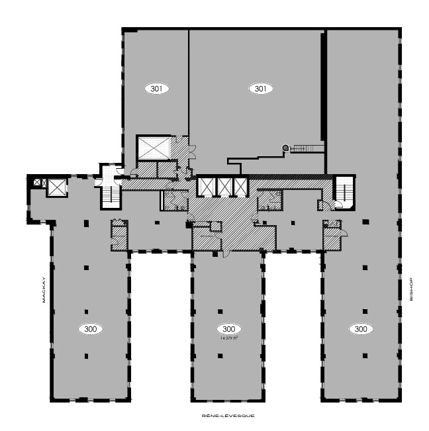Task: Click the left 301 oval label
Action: (x=156, y=88)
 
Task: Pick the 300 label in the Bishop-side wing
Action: (x=360, y=328)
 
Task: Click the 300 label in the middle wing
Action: (x=228, y=328)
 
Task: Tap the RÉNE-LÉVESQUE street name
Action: (x=227, y=416)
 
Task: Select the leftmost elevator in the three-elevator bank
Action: (x=207, y=187)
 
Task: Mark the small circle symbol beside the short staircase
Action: (x=285, y=148)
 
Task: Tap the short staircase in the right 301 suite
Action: (x=305, y=148)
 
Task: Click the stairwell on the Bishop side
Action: (x=343, y=191)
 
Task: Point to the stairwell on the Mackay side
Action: (x=108, y=193)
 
